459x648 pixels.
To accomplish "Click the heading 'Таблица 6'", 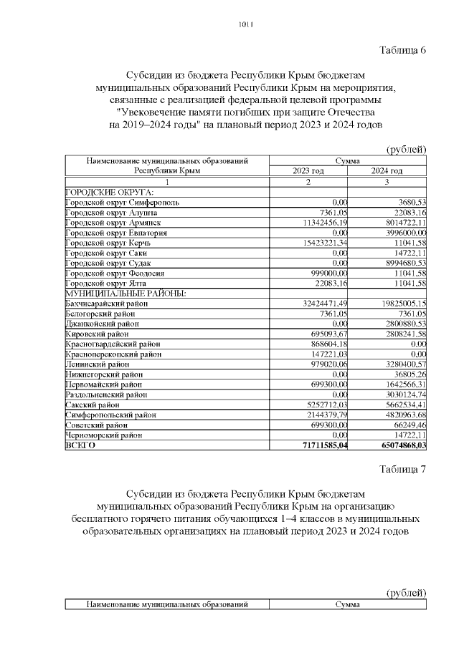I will click(x=402, y=49).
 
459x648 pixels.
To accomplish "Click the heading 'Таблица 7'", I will click(x=402, y=469).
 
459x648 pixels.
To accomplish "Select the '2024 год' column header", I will click(x=387, y=172).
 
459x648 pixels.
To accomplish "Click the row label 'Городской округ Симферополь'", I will click(x=122, y=203).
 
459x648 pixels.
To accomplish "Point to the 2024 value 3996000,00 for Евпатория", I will click(x=400, y=233).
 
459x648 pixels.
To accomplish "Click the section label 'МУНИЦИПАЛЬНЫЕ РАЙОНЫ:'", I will click(x=126, y=294).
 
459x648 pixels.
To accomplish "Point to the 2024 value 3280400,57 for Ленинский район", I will click(x=400, y=364).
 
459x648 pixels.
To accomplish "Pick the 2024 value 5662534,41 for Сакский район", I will click(x=400, y=405).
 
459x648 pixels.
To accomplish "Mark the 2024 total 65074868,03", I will click(x=397, y=445).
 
